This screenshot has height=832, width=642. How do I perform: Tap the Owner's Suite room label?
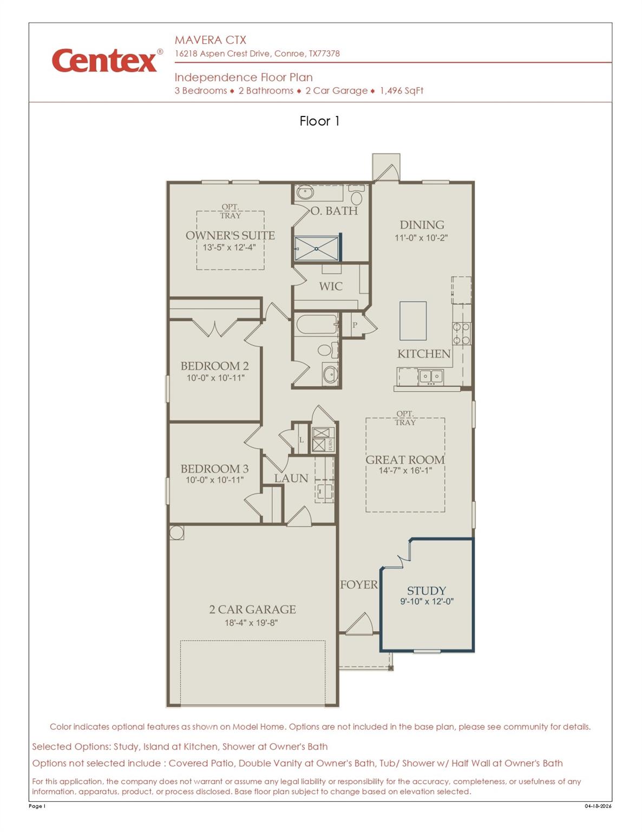pyautogui.click(x=230, y=236)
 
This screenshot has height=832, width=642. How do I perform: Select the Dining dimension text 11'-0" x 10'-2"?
pyautogui.click(x=421, y=238)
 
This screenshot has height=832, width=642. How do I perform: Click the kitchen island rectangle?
pyautogui.click(x=412, y=321)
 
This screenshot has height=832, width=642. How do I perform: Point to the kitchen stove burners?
pyautogui.click(x=462, y=334)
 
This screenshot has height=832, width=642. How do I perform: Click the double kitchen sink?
pyautogui.click(x=431, y=376)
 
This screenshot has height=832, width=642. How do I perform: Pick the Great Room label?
pyautogui.click(x=405, y=460)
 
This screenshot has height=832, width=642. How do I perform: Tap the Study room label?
pyautogui.click(x=427, y=591)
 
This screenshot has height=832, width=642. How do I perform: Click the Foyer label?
pyautogui.click(x=358, y=585)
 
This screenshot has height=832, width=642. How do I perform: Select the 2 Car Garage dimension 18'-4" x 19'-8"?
pyautogui.click(x=251, y=623)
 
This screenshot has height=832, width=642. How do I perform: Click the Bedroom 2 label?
pyautogui.click(x=215, y=366)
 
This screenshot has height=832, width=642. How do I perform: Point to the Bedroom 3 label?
pyautogui.click(x=215, y=469)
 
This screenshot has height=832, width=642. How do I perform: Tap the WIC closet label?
pyautogui.click(x=331, y=287)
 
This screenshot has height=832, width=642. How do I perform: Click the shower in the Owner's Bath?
pyautogui.click(x=316, y=249)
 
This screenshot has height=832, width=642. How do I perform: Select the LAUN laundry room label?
pyautogui.click(x=291, y=478)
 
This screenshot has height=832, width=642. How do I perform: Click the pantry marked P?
pyautogui.click(x=355, y=325)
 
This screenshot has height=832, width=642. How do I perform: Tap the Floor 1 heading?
pyautogui.click(x=319, y=121)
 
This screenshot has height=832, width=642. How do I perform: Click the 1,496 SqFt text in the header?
pyautogui.click(x=402, y=90)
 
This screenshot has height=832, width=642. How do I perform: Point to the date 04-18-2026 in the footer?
pyautogui.click(x=598, y=806)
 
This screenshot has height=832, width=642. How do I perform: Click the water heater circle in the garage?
pyautogui.click(x=176, y=532)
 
